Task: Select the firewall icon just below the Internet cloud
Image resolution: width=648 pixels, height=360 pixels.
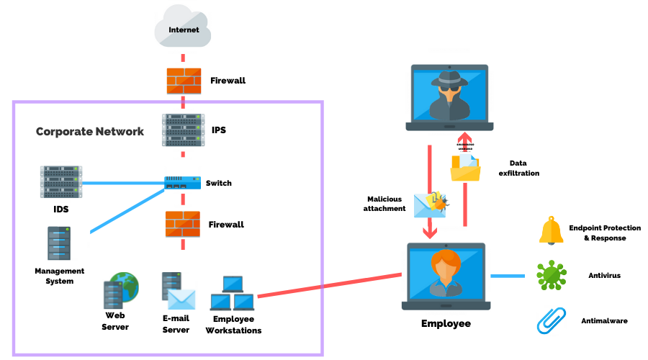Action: [x=183, y=81]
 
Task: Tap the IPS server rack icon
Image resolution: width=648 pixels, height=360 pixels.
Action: [x=183, y=130]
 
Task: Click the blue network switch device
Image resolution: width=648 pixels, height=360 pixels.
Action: [x=183, y=184]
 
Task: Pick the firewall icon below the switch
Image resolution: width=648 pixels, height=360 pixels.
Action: [x=183, y=225]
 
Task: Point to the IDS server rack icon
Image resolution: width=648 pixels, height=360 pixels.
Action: [x=60, y=182]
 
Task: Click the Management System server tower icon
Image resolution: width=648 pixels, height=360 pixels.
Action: [x=58, y=244]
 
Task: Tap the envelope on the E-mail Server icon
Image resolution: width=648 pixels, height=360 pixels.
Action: [x=181, y=299]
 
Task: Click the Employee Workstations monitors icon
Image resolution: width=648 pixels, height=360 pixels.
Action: [x=232, y=293]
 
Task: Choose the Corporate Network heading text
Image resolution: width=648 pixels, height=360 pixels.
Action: [x=90, y=132]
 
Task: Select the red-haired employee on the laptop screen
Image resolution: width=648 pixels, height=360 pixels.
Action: [x=446, y=271]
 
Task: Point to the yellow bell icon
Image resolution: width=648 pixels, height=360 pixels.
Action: [x=551, y=230]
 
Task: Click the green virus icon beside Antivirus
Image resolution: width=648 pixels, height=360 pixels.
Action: [x=551, y=276]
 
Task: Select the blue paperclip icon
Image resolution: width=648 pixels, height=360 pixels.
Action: [x=551, y=320]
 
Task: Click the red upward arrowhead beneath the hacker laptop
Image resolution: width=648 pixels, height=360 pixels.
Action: [x=465, y=139]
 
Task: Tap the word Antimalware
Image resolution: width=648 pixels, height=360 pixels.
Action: [x=604, y=320]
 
